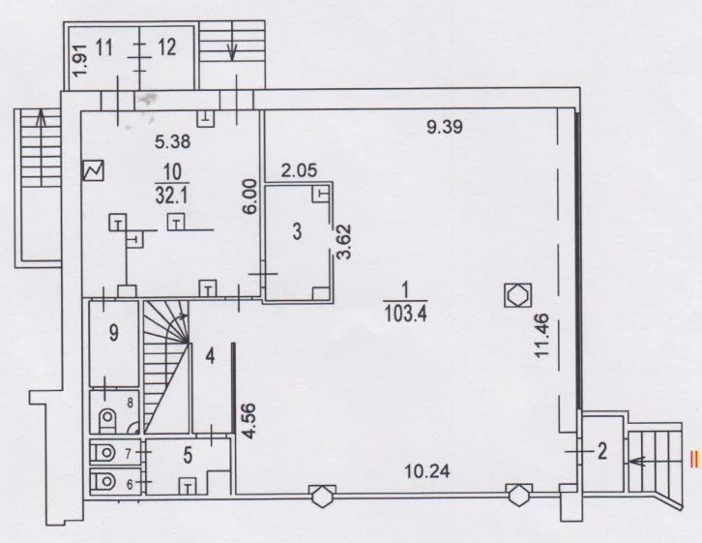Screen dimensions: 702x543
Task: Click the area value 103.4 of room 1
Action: [405, 313]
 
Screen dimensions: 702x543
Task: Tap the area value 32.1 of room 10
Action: [172, 196]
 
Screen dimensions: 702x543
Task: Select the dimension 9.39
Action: [444, 127]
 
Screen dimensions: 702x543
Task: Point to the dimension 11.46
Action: [541, 335]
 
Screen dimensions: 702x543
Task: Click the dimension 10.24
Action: [427, 470]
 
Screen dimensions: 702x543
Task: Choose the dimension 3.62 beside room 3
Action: [345, 242]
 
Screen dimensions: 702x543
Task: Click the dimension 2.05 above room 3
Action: [299, 170]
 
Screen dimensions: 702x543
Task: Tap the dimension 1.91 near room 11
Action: [82, 60]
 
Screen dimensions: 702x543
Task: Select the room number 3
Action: [297, 231]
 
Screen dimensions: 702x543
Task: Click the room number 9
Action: [114, 332]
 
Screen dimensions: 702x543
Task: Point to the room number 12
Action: [166, 47]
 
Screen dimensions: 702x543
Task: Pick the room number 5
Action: [188, 455]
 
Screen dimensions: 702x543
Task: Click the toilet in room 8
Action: [106, 419]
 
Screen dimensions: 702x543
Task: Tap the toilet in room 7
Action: [103, 453]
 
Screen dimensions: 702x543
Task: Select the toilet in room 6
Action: [103, 482]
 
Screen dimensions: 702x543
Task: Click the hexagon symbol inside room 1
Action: [518, 295]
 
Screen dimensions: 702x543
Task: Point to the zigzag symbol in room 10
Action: [93, 170]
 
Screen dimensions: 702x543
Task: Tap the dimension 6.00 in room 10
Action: [250, 197]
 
